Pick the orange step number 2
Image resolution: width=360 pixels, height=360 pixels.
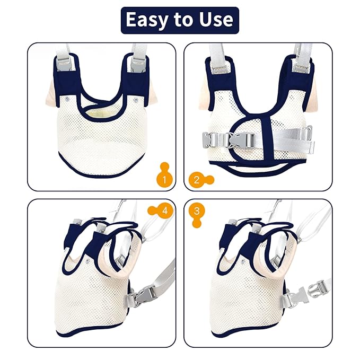(197, 179)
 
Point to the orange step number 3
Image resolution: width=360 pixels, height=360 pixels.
(197, 212)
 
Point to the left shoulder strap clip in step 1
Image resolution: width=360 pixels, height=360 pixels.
(67, 66)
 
